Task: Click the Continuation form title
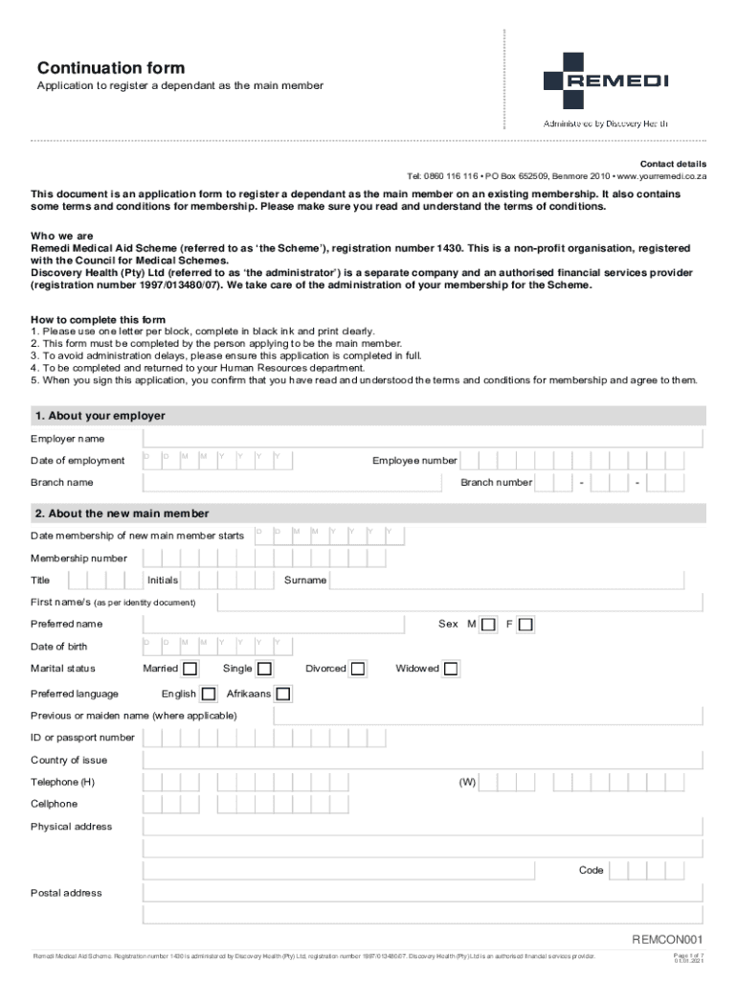(x=111, y=68)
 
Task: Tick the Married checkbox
(x=191, y=669)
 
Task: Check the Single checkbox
(x=264, y=669)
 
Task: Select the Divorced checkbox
(x=358, y=669)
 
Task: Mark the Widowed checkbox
(x=451, y=669)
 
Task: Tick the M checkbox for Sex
(x=488, y=625)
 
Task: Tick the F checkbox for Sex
(x=525, y=625)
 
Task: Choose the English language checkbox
(x=208, y=694)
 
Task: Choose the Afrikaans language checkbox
(x=283, y=694)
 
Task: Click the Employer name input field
(x=422, y=439)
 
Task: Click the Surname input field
(x=517, y=580)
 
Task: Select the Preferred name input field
(x=272, y=625)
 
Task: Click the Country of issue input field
(x=422, y=760)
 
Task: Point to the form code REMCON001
(x=668, y=940)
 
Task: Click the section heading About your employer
(x=100, y=416)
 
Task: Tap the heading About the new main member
(x=123, y=513)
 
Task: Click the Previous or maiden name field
(x=488, y=716)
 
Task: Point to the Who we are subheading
(x=62, y=235)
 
